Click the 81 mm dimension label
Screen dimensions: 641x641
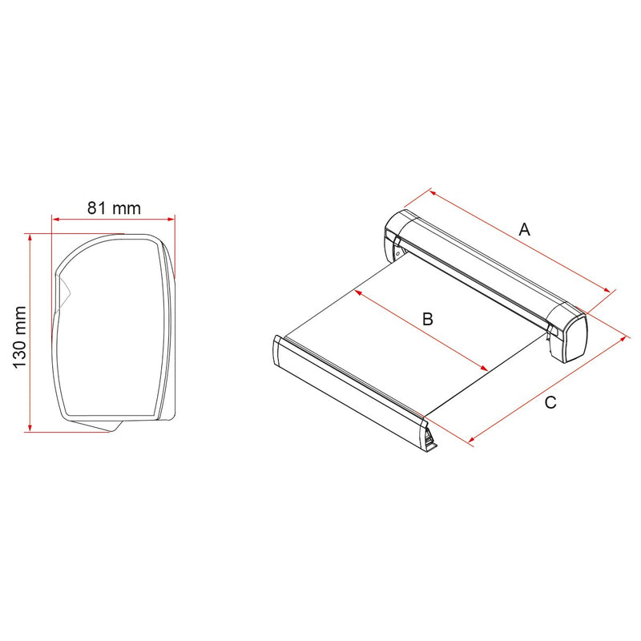[114, 208]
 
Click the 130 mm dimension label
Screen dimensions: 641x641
[19, 337]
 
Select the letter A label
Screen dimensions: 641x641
[524, 229]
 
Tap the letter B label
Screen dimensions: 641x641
[427, 319]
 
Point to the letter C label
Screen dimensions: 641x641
[550, 403]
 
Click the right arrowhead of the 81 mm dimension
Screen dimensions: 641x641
[171, 220]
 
